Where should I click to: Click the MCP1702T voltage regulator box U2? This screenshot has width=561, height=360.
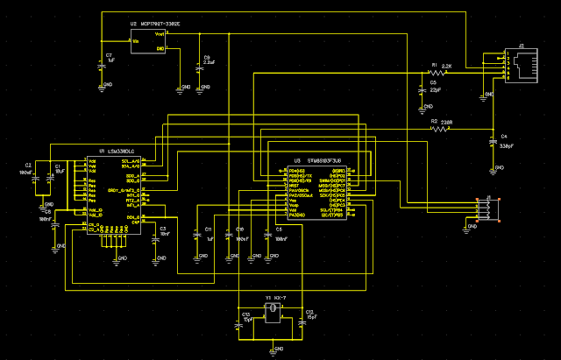point(150,41)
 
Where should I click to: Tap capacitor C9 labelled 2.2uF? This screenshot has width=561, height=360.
point(201,64)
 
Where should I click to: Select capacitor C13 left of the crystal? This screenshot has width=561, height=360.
point(238,321)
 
